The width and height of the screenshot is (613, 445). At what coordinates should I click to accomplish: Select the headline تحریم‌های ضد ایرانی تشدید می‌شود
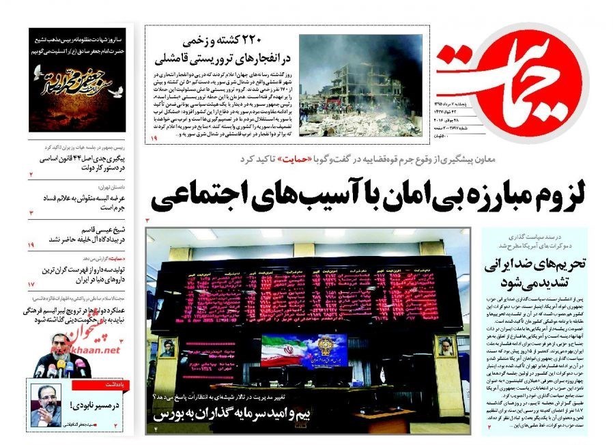(x=531, y=274)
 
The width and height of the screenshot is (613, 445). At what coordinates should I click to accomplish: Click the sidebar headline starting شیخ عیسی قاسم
(x=86, y=233)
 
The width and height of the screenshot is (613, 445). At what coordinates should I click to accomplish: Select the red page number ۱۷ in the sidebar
(x=31, y=283)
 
